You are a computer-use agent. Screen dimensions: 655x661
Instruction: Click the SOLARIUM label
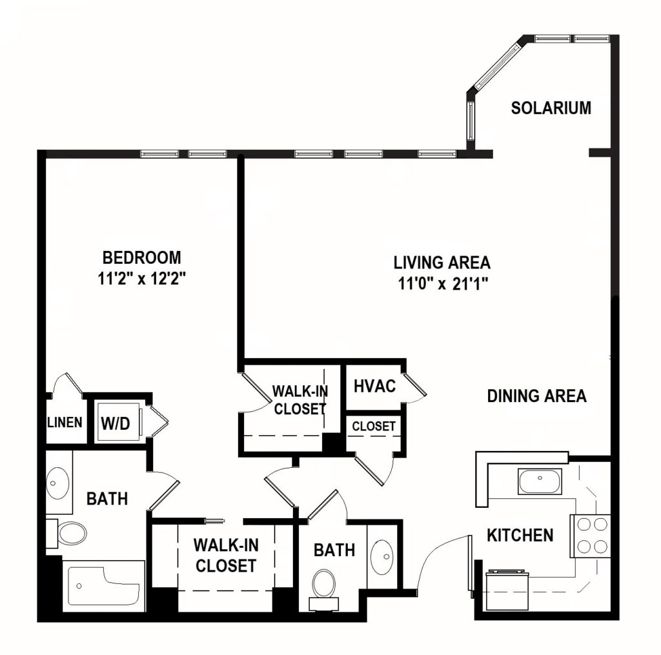coord(551,108)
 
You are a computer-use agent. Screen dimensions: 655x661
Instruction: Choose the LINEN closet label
coord(65,423)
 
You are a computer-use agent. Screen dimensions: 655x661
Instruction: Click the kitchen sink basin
coord(540,481)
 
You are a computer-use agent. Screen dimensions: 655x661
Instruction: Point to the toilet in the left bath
coord(70,533)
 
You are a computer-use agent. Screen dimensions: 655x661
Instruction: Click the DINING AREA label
coord(536,396)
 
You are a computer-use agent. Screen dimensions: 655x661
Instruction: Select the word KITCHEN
coord(520,535)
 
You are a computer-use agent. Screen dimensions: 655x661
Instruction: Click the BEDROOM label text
coord(142,258)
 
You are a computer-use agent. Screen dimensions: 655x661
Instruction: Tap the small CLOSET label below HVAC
coord(374,427)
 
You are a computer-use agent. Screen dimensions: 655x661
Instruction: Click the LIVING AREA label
coord(442,263)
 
